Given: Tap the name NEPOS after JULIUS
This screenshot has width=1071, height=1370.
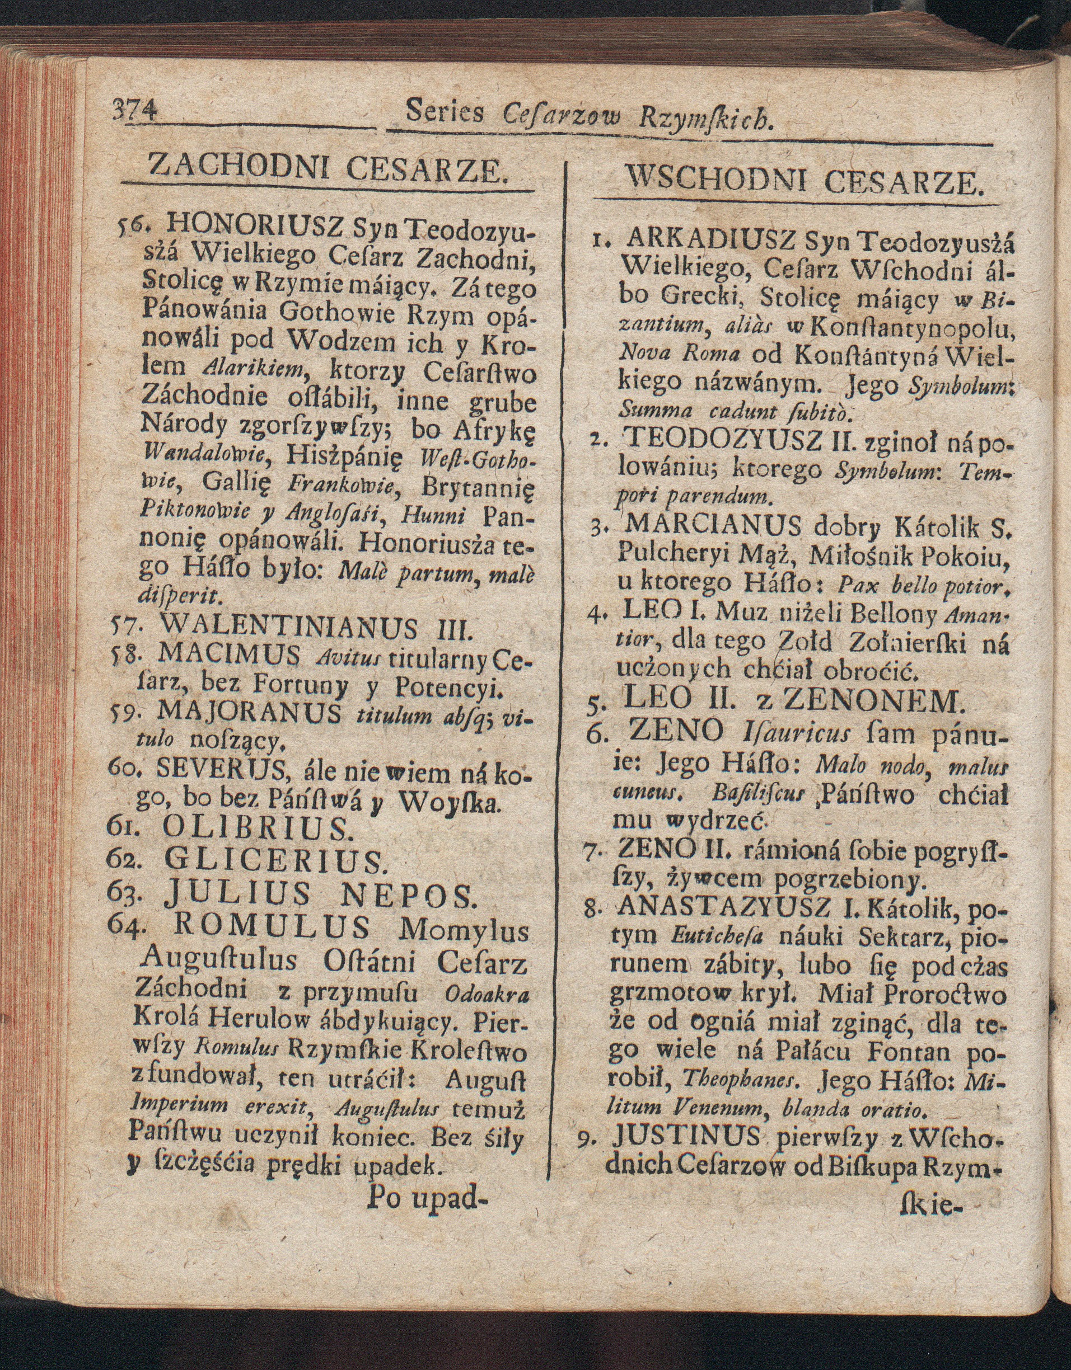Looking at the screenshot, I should coord(405,896).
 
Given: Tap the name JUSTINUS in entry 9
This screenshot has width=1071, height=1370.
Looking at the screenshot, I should coord(688,1136).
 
